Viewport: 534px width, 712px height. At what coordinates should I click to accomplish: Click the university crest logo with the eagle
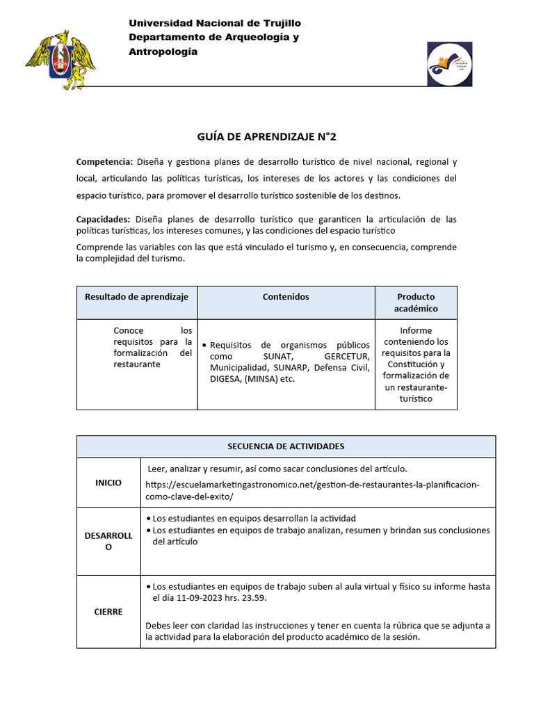pos(61,60)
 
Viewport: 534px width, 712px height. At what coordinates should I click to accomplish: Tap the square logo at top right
pos(449,64)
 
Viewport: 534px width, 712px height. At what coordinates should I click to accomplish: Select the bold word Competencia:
pos(104,162)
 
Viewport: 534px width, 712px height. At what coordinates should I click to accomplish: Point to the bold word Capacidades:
pos(103,219)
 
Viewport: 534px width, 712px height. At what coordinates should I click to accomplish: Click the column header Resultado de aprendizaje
pos(137,297)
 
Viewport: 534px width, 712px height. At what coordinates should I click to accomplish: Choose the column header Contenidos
pos(286,297)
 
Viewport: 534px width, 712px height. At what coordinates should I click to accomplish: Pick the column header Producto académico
pos(416,302)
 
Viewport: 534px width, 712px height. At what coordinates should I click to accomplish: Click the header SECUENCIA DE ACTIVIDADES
pos(286,446)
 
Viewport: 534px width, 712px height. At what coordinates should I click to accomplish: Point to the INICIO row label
pos(108,483)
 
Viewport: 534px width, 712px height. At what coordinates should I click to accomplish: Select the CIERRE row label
pos(108,612)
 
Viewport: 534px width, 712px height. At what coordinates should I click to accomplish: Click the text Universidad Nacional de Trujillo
pos(215,24)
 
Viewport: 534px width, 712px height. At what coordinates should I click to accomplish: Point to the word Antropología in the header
pos(163,51)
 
